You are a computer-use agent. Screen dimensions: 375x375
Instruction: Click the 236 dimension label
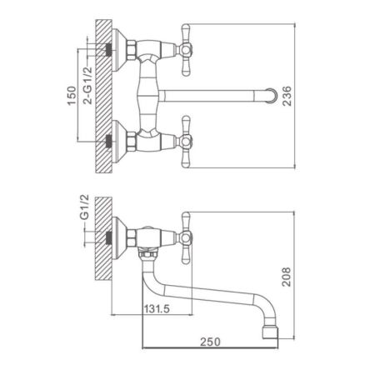point(287,96)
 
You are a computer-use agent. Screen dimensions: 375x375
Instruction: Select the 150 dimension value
point(72,96)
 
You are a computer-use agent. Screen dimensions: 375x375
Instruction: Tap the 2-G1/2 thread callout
point(87,86)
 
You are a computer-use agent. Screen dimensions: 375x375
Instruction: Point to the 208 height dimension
point(287,277)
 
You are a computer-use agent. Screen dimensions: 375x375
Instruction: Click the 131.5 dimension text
point(157,308)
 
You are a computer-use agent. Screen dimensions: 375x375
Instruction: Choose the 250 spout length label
point(210,342)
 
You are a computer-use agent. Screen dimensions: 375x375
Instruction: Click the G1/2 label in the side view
point(84,207)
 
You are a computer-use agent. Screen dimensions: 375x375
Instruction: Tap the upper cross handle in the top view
point(186,50)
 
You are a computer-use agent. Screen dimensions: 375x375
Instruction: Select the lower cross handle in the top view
point(186,142)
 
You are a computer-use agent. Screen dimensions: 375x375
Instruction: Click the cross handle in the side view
point(186,237)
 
